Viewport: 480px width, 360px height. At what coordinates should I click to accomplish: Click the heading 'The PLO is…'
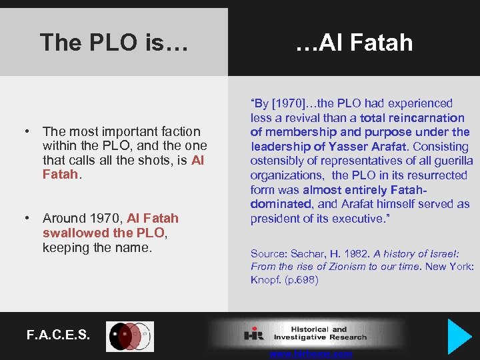[114, 43]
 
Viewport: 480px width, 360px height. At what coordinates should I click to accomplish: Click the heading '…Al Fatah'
[354, 43]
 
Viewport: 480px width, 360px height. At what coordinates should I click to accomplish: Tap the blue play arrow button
[459, 336]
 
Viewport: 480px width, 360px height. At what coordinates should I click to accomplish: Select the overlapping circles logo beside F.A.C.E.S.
[130, 336]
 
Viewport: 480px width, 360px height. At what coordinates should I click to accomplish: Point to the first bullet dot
[29, 131]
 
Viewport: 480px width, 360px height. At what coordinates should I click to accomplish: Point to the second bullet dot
[29, 218]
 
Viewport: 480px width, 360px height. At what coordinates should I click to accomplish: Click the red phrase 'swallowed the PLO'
[103, 233]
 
